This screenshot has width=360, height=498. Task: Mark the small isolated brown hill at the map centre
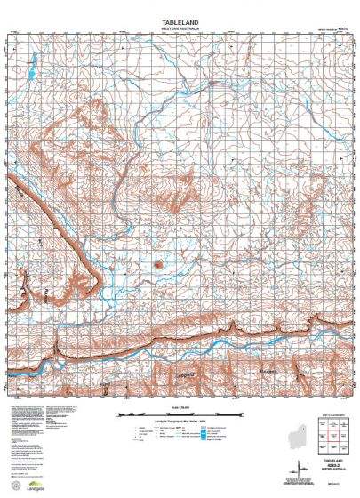158,264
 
